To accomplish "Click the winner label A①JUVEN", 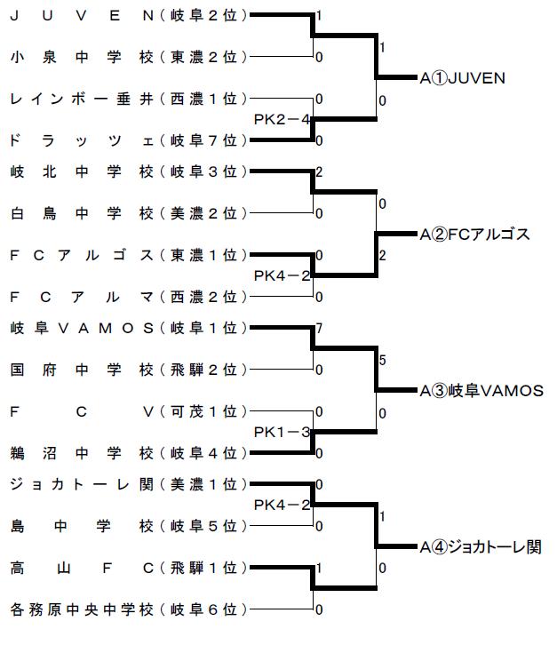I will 463,78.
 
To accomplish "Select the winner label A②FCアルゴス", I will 474,235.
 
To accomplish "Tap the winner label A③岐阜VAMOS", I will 481,390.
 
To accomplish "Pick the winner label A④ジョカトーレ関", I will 481,546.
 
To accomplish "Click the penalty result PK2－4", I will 282,120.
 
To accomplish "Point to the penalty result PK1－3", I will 282,432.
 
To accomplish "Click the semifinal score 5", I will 382,360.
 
